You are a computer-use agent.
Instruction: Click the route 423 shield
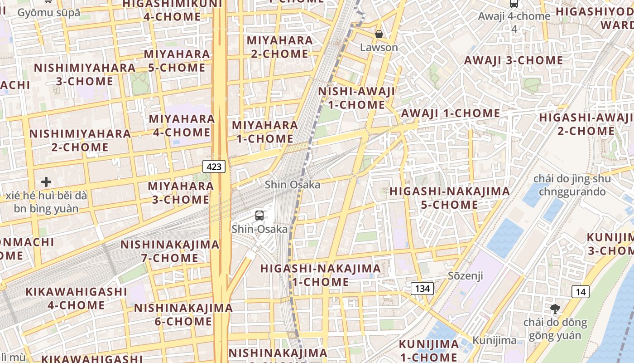coord(214,167)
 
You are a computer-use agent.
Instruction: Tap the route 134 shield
coord(422,288)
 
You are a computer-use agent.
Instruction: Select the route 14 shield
coord(580,291)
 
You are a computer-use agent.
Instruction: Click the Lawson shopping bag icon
coord(379,34)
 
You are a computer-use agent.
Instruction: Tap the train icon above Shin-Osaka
coord(259,215)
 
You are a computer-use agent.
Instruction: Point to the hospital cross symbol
coord(46,182)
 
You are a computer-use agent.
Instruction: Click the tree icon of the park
coord(555,309)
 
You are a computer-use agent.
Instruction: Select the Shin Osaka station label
coord(292,184)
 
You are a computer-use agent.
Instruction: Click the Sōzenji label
coord(465,275)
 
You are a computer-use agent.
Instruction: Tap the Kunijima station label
coord(494,340)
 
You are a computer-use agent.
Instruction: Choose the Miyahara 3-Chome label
coord(181,193)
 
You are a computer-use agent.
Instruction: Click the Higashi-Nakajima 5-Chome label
coord(449,198)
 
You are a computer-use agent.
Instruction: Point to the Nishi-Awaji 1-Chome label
coord(356,98)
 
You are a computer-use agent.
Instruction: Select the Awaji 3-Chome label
coord(514,60)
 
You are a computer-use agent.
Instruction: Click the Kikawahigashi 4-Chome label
coord(76,298)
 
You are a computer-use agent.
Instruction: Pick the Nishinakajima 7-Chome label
coord(170,251)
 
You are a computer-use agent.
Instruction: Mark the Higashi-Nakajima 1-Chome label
coord(320,275)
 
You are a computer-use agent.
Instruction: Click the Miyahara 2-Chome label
coord(279,47)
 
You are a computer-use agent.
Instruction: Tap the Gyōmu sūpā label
coord(48,12)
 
